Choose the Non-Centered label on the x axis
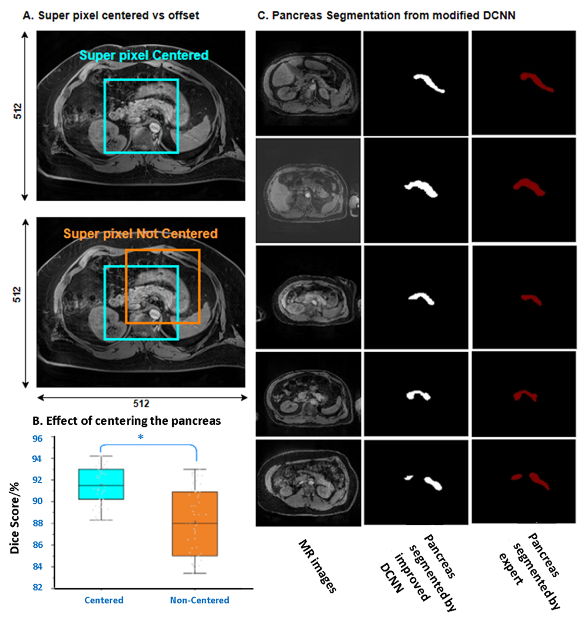tap(199, 600)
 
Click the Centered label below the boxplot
tap(104, 600)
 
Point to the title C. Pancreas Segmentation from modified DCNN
tap(386, 16)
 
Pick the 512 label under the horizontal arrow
tap(141, 404)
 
